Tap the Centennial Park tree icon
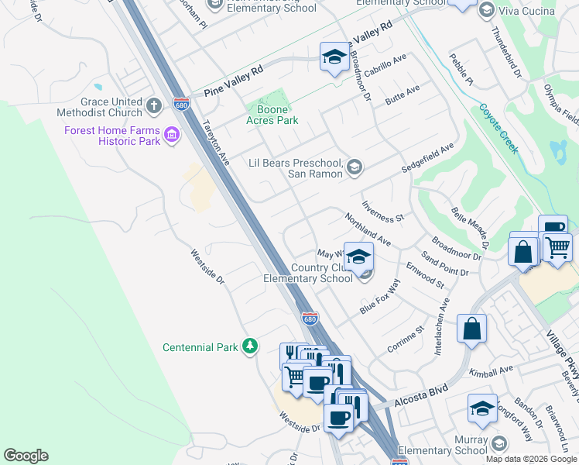(249, 346)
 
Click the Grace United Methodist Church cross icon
(153, 105)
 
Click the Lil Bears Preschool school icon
(355, 166)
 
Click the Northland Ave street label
(368, 231)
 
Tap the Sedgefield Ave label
(428, 158)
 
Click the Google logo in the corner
(26, 456)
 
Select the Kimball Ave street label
(495, 370)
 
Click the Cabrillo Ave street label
(387, 62)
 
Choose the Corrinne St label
(406, 339)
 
